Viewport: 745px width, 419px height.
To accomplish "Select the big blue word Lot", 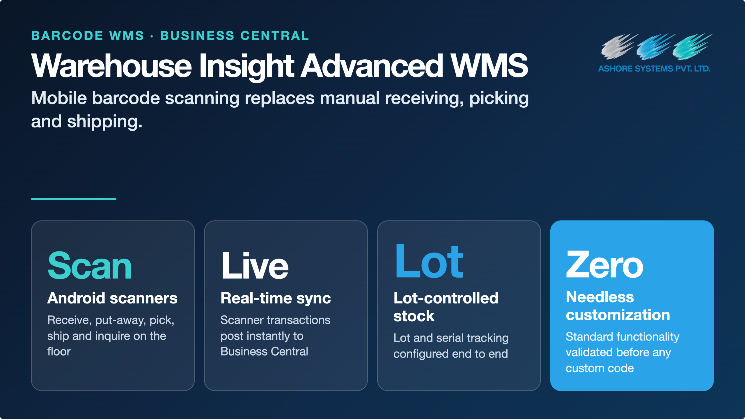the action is pyautogui.click(x=429, y=261).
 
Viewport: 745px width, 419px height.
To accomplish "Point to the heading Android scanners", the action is pyautogui.click(x=112, y=298).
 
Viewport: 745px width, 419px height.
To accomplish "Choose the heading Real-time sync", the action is pyautogui.click(x=276, y=299).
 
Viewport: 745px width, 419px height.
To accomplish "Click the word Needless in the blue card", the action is pyautogui.click(x=600, y=297).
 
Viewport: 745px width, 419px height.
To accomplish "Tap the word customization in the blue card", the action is pyautogui.click(x=618, y=315).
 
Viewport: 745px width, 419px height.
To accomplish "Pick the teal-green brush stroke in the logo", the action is pyautogui.click(x=692, y=47).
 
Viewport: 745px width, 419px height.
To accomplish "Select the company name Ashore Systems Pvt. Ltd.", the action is pyautogui.click(x=654, y=69).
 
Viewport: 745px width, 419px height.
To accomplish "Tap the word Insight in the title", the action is pyautogui.click(x=247, y=67).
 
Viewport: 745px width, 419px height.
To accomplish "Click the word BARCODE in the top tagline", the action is pyautogui.click(x=67, y=36).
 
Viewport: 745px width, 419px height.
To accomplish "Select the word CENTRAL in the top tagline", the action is pyautogui.click(x=275, y=36).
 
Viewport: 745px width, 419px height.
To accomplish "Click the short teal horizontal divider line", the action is pyautogui.click(x=74, y=199).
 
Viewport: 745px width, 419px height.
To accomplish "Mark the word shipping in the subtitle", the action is pyautogui.click(x=105, y=122).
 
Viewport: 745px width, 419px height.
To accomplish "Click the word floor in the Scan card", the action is pyautogui.click(x=59, y=351).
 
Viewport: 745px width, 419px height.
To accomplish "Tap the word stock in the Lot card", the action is pyautogui.click(x=414, y=316).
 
